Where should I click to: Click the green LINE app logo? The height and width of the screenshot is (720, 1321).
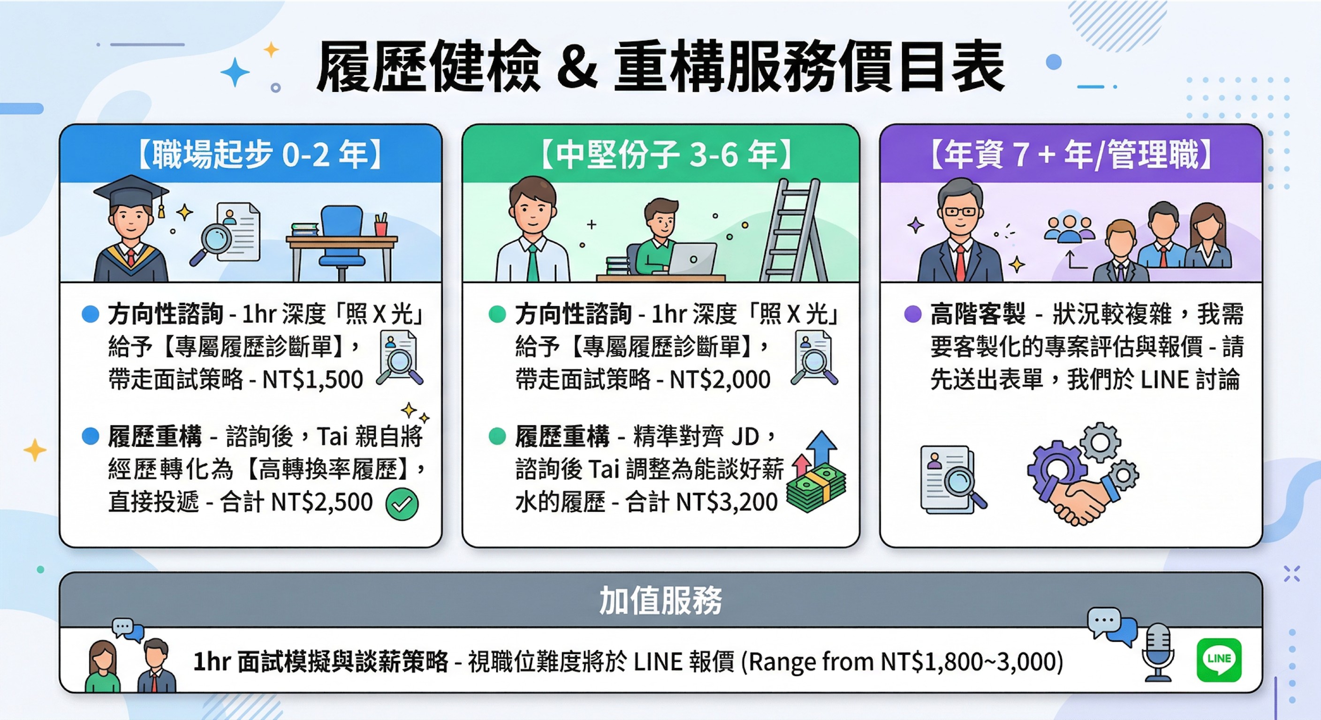1218,660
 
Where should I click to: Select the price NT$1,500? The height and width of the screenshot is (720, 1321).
312,380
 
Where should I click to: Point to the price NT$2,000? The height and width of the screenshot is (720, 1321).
720,380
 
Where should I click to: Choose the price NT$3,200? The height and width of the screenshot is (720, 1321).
727,502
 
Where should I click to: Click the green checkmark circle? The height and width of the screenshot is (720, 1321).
402,504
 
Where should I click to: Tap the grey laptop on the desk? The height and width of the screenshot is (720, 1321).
692,259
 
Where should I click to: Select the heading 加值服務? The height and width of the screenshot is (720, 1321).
660,600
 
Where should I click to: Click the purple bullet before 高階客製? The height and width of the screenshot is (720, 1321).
912,314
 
